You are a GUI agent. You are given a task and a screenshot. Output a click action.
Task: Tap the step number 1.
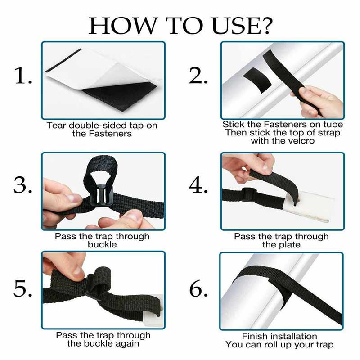tap(23, 76)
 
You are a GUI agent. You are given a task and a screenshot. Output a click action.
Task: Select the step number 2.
tap(198, 76)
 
